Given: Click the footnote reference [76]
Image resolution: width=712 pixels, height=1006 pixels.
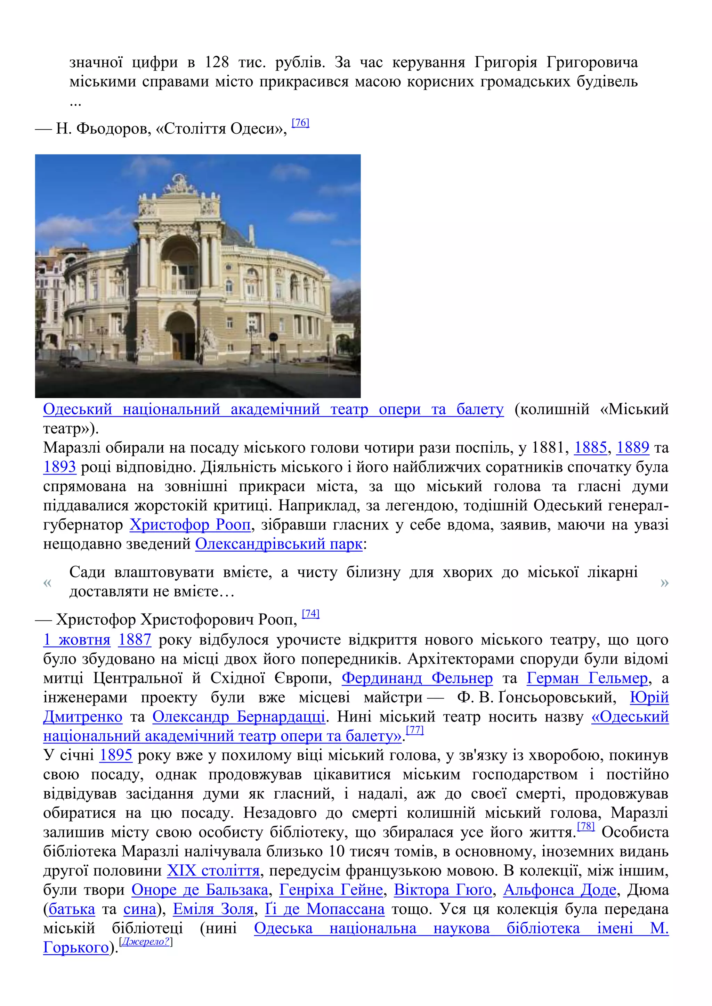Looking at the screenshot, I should tap(300, 123).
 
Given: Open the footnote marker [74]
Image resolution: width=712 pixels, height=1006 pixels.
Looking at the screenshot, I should tap(310, 614).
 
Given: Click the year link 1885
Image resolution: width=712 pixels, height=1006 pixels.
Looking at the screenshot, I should tap(590, 447).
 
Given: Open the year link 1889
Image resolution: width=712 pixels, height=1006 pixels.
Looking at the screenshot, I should tap(633, 447).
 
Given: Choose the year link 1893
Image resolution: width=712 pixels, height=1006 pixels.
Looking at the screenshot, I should tap(60, 467).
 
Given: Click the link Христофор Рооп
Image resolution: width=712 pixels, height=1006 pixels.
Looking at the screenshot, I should tap(190, 525).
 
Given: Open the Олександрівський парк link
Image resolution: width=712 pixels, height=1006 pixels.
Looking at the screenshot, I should tap(279, 544).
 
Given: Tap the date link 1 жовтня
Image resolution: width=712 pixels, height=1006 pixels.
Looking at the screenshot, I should tap(77, 640).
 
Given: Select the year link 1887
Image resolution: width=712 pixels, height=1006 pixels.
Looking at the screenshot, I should tap(135, 640).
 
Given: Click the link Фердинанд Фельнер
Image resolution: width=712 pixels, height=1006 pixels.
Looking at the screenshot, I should tap(417, 678).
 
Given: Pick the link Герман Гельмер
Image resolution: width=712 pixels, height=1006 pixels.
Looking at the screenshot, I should tap(587, 678).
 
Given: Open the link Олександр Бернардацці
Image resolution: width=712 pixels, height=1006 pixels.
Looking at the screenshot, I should tap(238, 717).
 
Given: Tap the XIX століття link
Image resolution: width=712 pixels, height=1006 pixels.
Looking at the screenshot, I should tap(213, 871).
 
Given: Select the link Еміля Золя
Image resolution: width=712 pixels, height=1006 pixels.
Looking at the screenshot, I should tap(213, 909).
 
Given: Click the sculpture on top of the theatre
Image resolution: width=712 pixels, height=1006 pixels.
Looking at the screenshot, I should tap(179, 184).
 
